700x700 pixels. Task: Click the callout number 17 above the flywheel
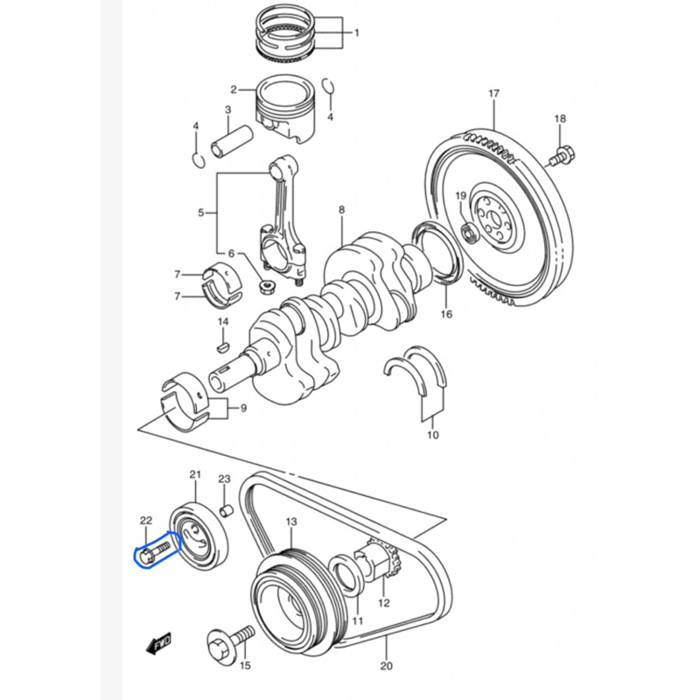pyautogui.click(x=493, y=94)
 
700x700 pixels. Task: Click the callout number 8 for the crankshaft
pyautogui.click(x=342, y=209)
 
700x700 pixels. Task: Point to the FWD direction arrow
pyautogui.click(x=158, y=644)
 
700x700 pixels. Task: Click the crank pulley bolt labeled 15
pyautogui.click(x=230, y=642)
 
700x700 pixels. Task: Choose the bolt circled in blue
pyautogui.click(x=155, y=552)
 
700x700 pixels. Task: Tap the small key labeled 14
pyautogui.click(x=223, y=346)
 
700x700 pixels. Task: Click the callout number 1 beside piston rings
pyautogui.click(x=357, y=32)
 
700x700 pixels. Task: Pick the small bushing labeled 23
pyautogui.click(x=227, y=510)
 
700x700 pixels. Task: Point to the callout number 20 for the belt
pyautogui.click(x=387, y=666)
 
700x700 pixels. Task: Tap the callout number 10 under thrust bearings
pyautogui.click(x=433, y=434)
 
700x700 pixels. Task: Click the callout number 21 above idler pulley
pyautogui.click(x=195, y=474)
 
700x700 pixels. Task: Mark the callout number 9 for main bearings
pyautogui.click(x=243, y=408)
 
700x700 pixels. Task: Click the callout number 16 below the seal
pyautogui.click(x=446, y=314)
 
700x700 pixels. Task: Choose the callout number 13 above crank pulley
pyautogui.click(x=291, y=521)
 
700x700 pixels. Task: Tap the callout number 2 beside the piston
pyautogui.click(x=234, y=90)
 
